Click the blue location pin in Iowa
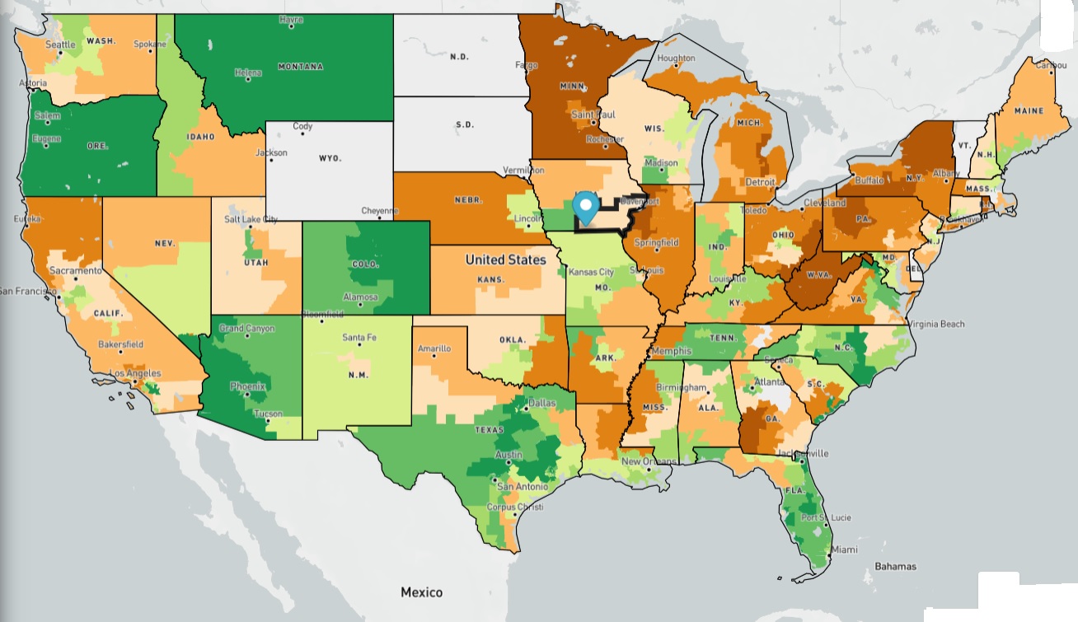(586, 206)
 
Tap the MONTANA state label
(300, 66)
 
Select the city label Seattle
(60, 44)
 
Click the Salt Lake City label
(251, 219)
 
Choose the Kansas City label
(591, 272)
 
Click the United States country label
(505, 260)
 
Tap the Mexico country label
(421, 592)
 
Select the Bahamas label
(895, 567)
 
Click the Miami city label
(843, 550)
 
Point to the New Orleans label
(649, 461)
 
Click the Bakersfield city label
(120, 344)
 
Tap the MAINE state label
(1029, 110)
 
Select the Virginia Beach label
(937, 324)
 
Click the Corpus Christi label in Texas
(517, 507)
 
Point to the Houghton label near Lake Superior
(676, 58)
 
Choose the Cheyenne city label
(380, 211)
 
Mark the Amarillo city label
(434, 348)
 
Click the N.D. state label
(459, 57)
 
